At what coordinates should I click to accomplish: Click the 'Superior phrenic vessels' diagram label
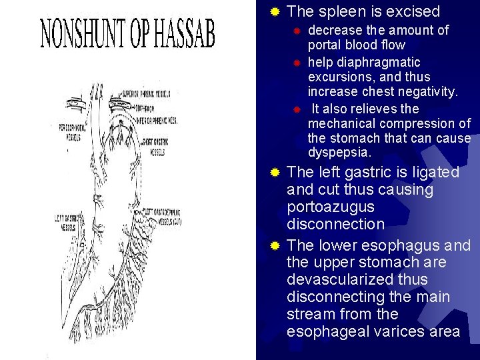(148, 94)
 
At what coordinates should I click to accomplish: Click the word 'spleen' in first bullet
(341, 11)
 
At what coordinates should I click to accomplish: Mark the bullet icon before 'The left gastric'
(274, 173)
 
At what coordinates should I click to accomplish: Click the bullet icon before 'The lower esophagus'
(274, 245)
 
